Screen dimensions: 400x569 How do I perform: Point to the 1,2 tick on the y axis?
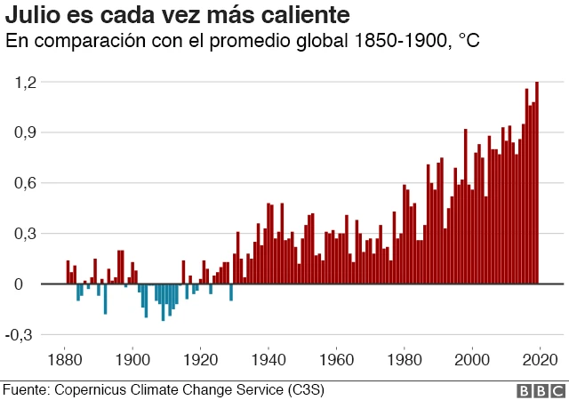pos(28,82)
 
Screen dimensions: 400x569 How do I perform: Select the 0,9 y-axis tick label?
pos(28,132)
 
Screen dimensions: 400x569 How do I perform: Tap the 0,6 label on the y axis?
pos(28,183)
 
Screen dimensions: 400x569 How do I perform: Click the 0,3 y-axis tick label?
pos(28,234)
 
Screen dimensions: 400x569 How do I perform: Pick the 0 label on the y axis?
pos(34,284)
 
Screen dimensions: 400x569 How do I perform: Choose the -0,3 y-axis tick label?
pos(25,335)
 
